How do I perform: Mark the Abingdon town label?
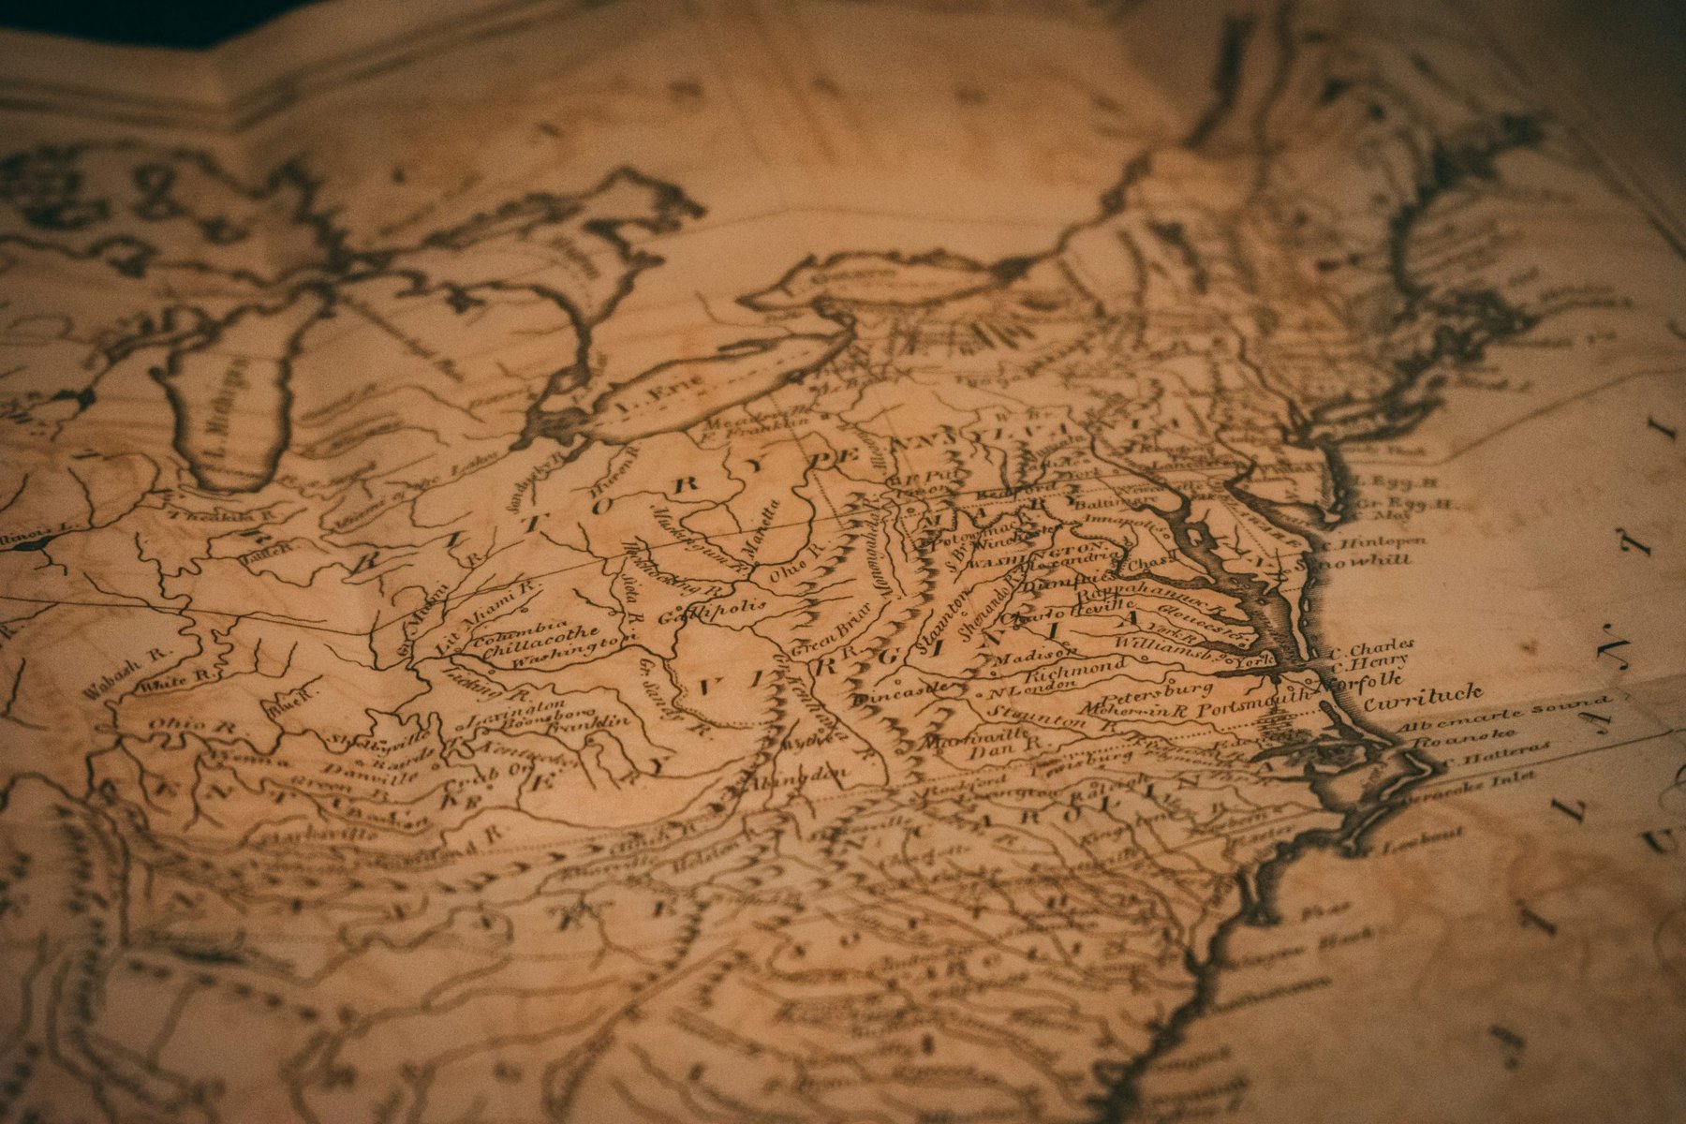coord(798,777)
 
